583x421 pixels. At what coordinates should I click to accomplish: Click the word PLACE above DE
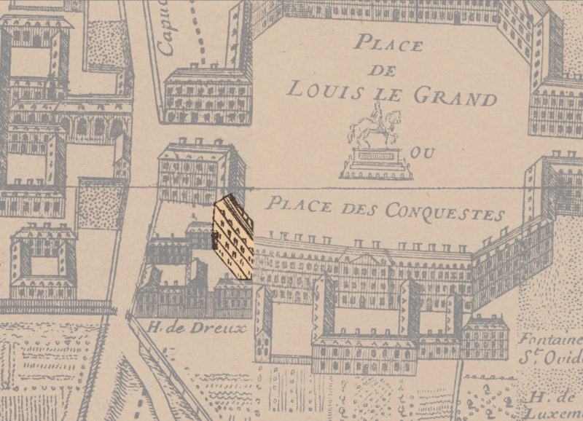(x=388, y=44)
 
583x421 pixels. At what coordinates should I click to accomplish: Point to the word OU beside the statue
(x=419, y=153)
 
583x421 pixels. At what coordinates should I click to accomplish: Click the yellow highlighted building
(x=233, y=237)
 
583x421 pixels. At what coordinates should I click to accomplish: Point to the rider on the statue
(x=377, y=115)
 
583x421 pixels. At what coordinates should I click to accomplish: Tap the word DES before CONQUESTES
(x=347, y=207)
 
